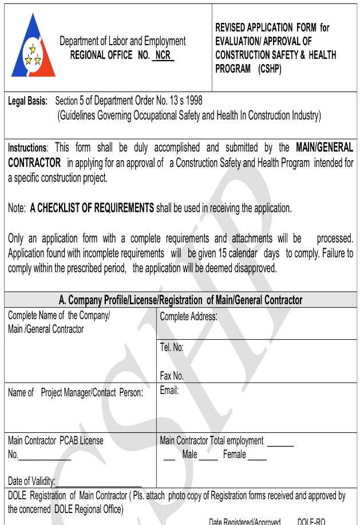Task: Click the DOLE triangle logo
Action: point(34,46)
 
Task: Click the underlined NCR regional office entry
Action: point(163,55)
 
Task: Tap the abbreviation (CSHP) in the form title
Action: point(270,69)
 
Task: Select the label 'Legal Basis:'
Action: point(27,101)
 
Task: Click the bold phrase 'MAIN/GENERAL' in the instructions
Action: point(324,148)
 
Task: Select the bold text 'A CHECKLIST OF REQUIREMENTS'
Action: point(92,209)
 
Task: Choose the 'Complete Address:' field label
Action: point(188,316)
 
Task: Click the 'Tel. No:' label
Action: point(172,347)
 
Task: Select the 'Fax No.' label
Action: point(172,376)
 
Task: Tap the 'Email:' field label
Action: point(169,391)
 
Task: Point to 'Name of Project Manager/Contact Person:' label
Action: point(76,393)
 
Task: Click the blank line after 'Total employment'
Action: point(280,444)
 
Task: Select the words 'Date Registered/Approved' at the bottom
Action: point(244,522)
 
